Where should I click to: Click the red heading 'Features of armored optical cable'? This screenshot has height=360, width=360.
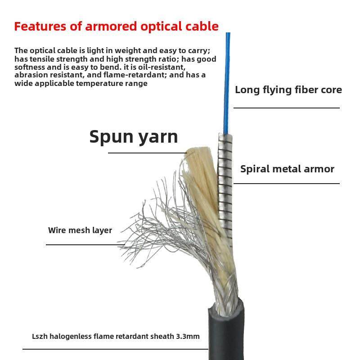116,26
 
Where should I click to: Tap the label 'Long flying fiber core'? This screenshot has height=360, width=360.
288,90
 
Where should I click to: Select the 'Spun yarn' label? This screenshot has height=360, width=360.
134,136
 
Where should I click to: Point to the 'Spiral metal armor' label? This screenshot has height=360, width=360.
287,169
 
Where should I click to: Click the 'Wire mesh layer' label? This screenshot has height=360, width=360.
80,230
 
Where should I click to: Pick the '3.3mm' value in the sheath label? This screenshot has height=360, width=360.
189,336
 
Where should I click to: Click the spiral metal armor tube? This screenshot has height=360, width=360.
225,180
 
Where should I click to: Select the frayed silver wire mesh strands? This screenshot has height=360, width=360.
153,225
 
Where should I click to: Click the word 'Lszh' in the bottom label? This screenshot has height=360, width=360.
40,336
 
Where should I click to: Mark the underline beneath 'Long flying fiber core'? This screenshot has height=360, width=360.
286,108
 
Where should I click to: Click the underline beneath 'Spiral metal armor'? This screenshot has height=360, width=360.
286,184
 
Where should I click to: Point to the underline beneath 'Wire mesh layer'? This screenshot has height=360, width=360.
85,245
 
